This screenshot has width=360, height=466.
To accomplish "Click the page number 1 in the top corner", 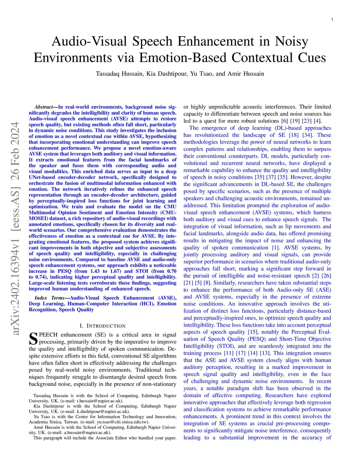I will point(332,19).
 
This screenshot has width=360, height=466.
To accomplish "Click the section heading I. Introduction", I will point(103,326).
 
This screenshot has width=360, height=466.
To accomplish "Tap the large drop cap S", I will point(33,338).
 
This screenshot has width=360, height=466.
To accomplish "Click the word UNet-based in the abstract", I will point(42,177).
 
